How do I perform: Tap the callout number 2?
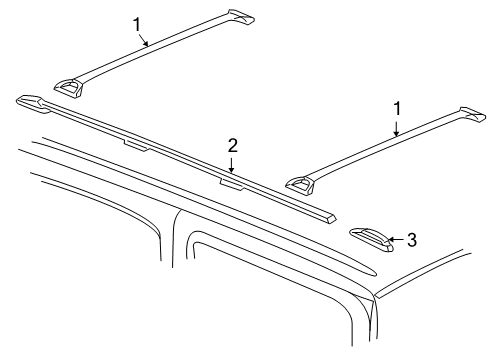point(232,146)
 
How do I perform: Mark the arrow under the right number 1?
point(396,127)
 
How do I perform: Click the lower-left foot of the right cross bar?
point(301,183)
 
